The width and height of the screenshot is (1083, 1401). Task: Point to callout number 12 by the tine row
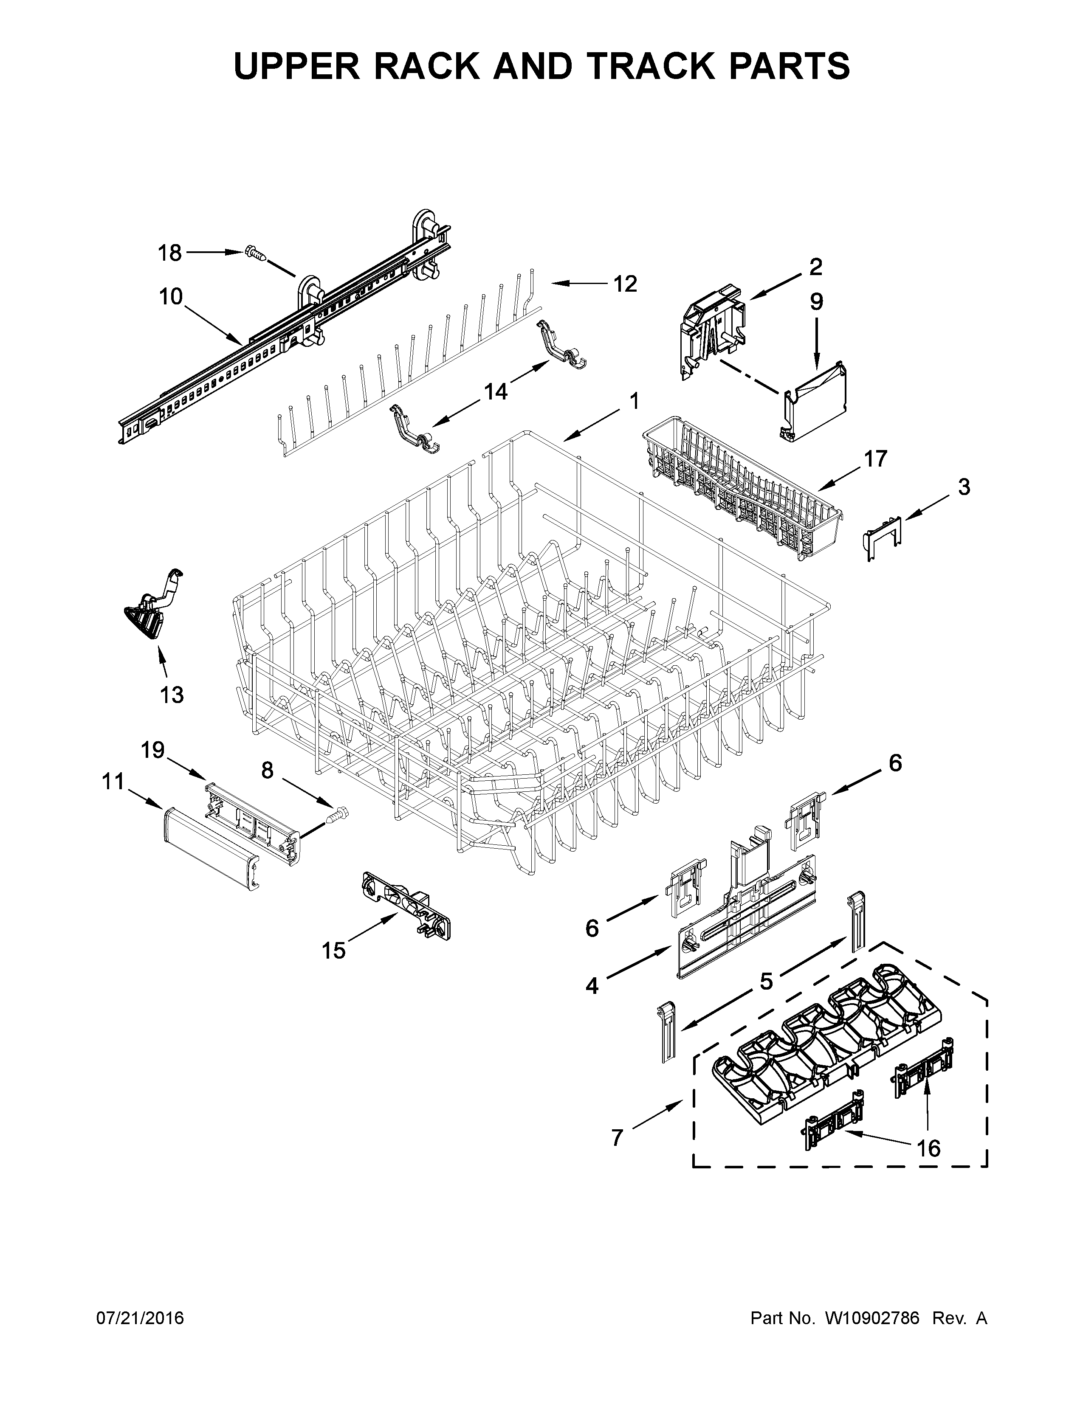click(625, 284)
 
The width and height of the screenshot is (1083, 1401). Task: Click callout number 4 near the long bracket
click(592, 985)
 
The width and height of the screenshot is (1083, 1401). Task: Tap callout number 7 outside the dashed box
click(617, 1137)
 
